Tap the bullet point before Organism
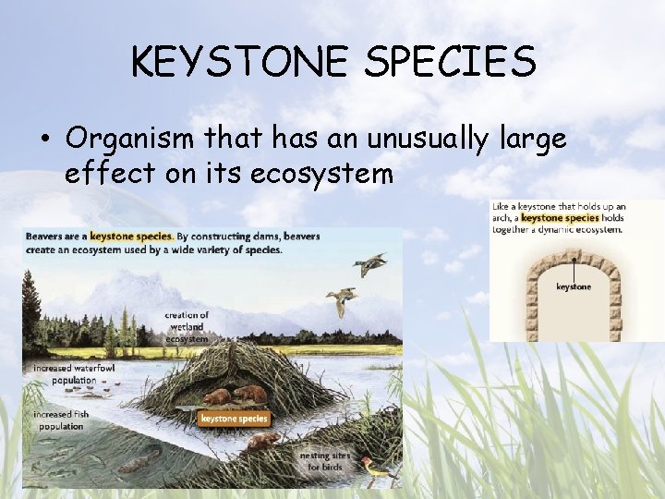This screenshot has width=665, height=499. click(x=44, y=140)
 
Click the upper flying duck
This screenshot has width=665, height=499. click(x=368, y=266)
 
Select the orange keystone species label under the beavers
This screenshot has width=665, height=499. click(x=233, y=418)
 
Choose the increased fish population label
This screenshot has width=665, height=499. click(x=61, y=420)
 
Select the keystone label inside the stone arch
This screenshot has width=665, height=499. click(x=573, y=287)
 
